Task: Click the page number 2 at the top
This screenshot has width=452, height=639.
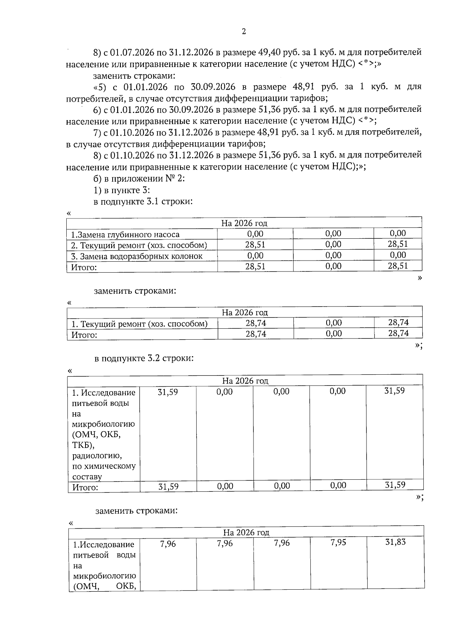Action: [x=244, y=32]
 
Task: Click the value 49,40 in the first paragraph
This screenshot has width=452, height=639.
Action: [x=268, y=52]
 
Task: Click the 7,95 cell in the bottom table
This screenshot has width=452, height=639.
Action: [x=338, y=543]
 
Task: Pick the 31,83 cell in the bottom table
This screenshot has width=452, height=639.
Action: [x=395, y=542]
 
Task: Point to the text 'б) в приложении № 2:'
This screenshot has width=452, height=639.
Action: [x=139, y=178]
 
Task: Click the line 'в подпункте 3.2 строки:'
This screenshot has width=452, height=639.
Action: [x=144, y=358]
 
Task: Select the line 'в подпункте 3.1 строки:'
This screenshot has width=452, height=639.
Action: [x=143, y=201]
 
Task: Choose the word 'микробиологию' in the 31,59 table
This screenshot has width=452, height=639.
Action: [x=104, y=424]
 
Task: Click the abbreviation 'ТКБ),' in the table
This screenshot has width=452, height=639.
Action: [x=83, y=445]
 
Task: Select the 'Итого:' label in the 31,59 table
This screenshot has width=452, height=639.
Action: [x=85, y=488]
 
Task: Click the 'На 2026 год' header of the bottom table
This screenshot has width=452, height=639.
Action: [x=246, y=532]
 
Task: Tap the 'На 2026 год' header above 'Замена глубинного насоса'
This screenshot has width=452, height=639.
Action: [x=244, y=223]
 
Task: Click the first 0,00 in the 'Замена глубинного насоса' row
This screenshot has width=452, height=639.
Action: [x=255, y=234]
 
